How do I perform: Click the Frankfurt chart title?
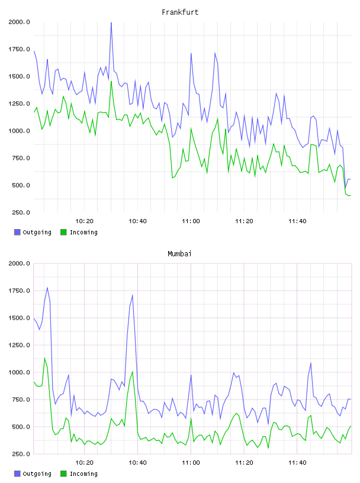[180, 12]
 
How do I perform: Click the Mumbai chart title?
[179, 254]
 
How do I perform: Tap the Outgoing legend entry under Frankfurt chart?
[33, 232]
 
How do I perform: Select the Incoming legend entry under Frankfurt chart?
[79, 232]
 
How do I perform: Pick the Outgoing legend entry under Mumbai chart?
[33, 474]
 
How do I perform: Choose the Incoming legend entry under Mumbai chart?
[79, 474]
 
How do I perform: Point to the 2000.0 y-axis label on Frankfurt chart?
[19, 22]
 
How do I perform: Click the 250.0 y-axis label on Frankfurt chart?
[21, 212]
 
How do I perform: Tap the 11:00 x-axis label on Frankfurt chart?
[191, 221]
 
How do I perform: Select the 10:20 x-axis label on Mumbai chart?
[85, 463]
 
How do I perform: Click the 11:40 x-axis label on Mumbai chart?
[297, 463]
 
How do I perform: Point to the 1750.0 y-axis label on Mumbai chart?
[19, 291]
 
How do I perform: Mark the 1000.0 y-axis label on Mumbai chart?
[19, 372]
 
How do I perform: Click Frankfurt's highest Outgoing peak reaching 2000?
[111, 22]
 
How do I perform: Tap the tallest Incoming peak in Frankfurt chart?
[111, 82]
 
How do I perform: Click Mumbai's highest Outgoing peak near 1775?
[47, 288]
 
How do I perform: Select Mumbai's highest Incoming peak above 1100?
[44, 358]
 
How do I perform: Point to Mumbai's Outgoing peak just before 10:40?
[133, 295]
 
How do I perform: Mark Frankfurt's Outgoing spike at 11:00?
[191, 54]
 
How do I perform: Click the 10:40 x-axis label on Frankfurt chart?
[137, 221]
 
